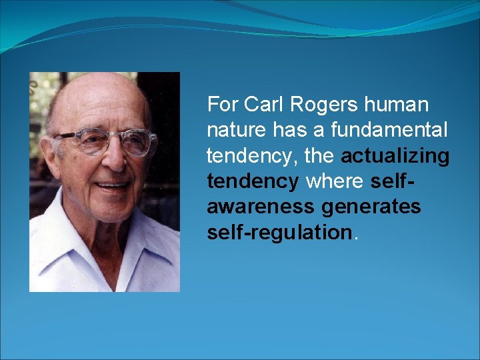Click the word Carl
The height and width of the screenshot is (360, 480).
[262, 105]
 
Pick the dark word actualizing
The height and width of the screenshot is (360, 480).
[395, 156]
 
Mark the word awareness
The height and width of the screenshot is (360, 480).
[260, 207]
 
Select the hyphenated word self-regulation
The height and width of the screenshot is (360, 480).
[279, 232]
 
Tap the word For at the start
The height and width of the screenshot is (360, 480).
[222, 105]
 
